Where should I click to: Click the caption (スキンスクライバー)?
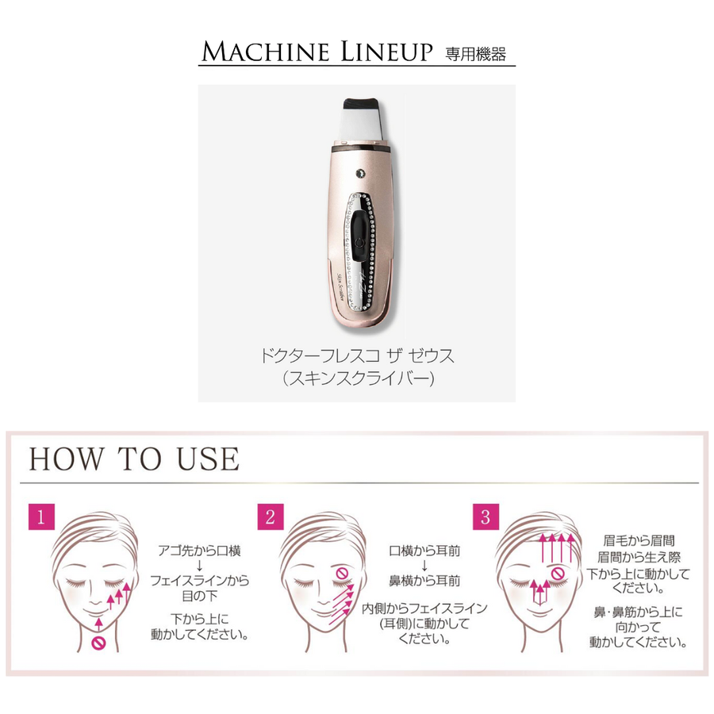(x=357, y=378)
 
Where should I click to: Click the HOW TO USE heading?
(x=134, y=459)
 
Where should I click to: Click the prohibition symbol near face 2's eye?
(x=341, y=573)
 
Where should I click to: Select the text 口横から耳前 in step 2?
(x=424, y=548)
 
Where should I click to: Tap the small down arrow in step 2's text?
(x=424, y=565)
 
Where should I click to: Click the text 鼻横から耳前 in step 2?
(x=424, y=582)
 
